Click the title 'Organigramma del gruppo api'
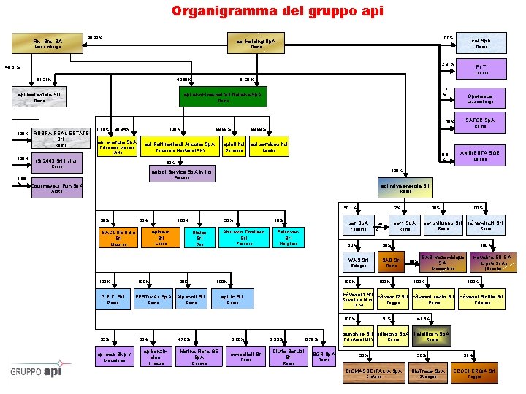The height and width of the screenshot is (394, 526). click(x=262, y=11)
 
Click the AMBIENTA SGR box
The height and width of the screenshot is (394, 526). click(x=480, y=155)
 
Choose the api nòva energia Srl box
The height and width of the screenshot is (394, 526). click(x=405, y=188)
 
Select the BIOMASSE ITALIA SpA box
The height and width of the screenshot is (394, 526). click(x=373, y=373)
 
